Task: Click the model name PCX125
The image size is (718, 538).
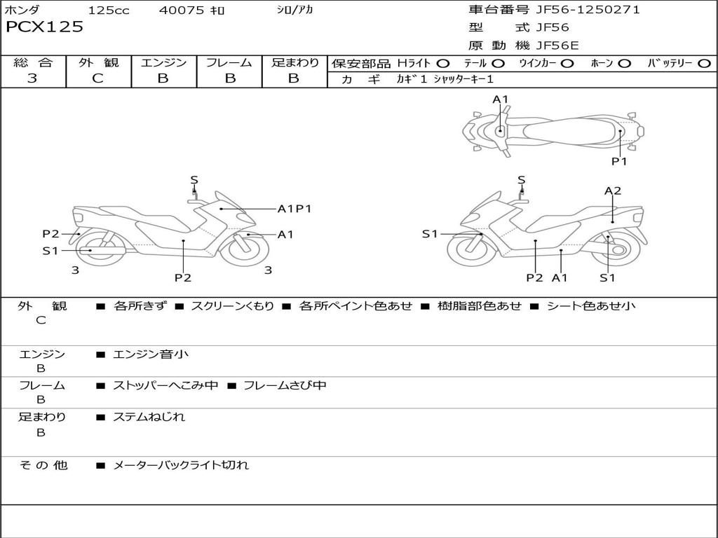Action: tap(44, 27)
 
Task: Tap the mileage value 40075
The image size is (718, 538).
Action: tap(182, 11)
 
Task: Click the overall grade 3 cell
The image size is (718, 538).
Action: tap(32, 78)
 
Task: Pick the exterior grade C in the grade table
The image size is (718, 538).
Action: tap(97, 78)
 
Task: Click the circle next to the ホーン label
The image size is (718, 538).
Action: tap(625, 63)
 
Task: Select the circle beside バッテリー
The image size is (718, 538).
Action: tap(705, 63)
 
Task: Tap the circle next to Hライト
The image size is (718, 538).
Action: tap(443, 63)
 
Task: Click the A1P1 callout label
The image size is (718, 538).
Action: tap(294, 209)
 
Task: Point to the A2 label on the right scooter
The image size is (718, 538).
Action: tap(613, 191)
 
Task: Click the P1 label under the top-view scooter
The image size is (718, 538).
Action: tap(619, 161)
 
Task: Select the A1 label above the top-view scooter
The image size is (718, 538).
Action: tap(500, 100)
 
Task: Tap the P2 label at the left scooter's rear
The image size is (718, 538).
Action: tap(50, 234)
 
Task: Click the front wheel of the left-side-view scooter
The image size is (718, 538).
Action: tap(244, 249)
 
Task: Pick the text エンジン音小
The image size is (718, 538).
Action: tap(151, 354)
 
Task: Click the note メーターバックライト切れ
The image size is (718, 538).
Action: tap(181, 464)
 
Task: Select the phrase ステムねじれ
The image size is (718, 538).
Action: tap(149, 417)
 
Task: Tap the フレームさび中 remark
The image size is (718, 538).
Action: tap(285, 385)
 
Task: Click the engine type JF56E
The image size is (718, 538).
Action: tap(557, 46)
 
